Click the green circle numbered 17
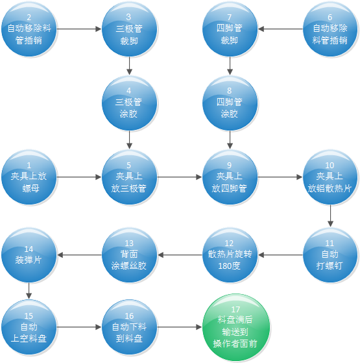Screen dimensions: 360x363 point(236,327)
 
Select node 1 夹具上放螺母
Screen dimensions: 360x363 point(29,177)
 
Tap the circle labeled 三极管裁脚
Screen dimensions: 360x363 point(130,29)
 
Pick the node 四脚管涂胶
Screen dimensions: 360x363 point(230,103)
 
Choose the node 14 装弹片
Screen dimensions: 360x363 point(29,255)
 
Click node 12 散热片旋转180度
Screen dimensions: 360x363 point(230,255)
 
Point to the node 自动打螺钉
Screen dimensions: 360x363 point(330,255)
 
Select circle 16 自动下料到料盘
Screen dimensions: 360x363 point(130,327)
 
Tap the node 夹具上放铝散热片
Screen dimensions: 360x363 point(330,177)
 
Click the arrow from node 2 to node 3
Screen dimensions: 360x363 point(79,29)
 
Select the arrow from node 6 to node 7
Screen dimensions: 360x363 point(280,29)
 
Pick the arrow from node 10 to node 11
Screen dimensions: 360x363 point(330,216)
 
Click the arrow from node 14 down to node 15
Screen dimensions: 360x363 point(29,291)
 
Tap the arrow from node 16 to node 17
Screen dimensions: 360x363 point(180,327)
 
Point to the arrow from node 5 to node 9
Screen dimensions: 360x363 point(180,177)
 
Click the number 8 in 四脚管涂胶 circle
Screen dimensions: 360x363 point(230,90)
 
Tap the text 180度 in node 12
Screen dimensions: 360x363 point(230,266)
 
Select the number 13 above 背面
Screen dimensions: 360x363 point(129,243)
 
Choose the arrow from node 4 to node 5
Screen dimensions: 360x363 point(130,140)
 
